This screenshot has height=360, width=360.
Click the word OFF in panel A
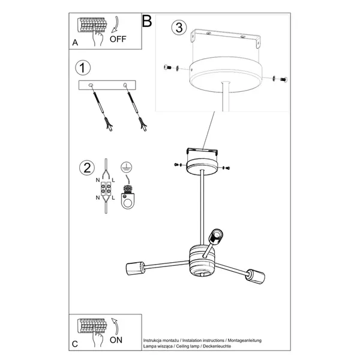pos(119,41)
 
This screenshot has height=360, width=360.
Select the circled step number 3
pos(178,28)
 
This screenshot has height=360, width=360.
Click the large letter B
pos(147,22)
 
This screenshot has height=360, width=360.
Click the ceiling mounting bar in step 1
pos(108,86)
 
